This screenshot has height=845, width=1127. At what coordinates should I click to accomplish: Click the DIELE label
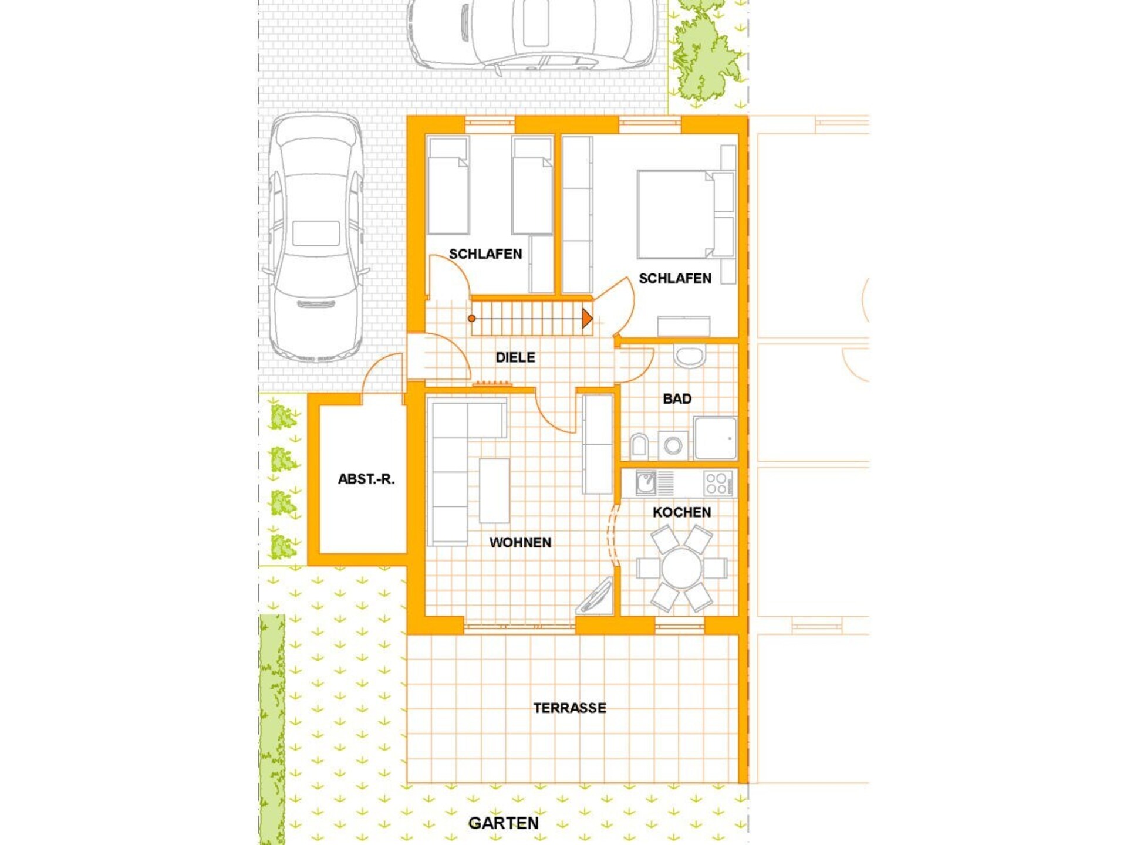(x=515, y=357)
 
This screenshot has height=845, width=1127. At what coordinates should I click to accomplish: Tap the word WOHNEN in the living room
(x=520, y=542)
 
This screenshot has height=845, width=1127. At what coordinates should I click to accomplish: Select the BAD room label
(x=677, y=399)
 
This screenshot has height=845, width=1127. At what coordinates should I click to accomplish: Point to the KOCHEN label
(x=681, y=512)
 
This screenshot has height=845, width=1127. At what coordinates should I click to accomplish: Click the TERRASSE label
(x=569, y=708)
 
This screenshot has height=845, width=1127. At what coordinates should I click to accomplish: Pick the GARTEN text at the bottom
(x=503, y=823)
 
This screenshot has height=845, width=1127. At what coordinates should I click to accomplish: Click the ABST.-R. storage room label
(x=366, y=479)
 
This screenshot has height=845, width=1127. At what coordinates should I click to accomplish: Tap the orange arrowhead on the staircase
(x=587, y=319)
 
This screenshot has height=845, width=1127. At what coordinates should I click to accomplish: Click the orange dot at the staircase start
(x=471, y=319)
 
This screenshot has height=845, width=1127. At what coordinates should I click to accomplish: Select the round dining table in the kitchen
(x=681, y=569)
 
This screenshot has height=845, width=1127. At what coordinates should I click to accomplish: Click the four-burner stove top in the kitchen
(x=718, y=484)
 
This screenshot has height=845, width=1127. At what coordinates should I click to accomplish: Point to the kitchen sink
(x=646, y=484)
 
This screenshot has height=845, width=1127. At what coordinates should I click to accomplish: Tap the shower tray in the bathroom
(x=716, y=438)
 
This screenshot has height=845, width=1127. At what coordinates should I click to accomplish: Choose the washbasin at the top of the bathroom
(x=689, y=356)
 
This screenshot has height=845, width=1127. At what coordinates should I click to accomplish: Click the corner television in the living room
(x=595, y=596)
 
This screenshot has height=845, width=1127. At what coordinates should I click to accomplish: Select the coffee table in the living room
(x=494, y=491)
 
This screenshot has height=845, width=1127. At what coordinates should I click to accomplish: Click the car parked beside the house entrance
(x=316, y=238)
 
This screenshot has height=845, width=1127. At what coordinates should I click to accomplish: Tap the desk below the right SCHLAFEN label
(x=684, y=326)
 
